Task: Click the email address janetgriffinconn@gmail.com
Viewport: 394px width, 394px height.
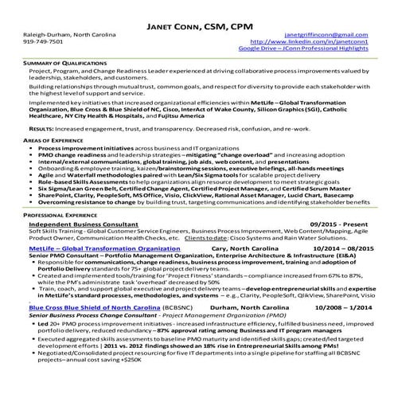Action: (326, 35)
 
